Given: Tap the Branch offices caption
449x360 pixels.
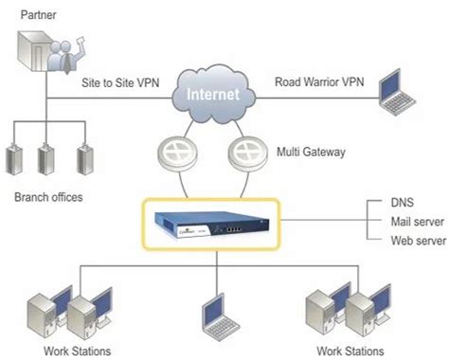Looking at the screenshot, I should click(48, 198).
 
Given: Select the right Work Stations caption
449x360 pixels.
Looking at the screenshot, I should click(352, 351).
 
